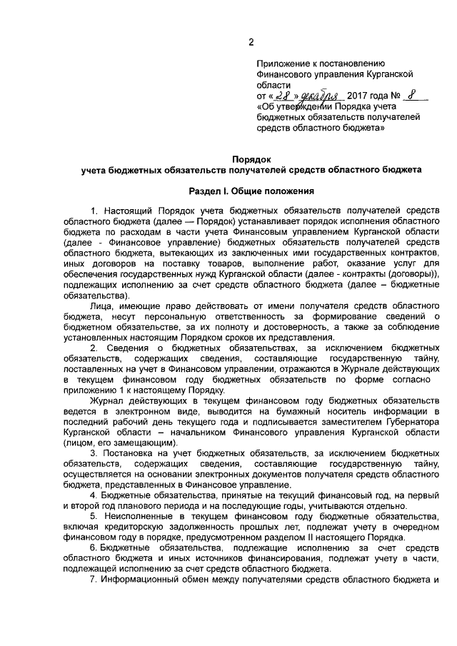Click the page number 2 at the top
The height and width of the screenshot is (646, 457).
[x=251, y=41]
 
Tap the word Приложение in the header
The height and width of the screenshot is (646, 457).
[x=283, y=63]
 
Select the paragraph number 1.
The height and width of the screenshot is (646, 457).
[x=95, y=211]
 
